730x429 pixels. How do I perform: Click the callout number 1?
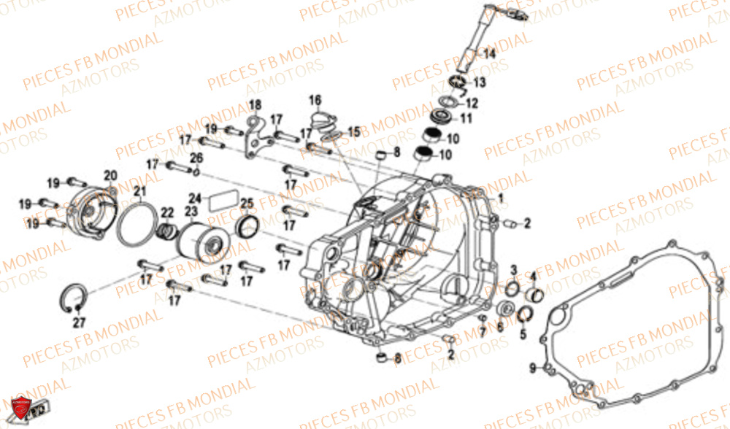coord(501,198)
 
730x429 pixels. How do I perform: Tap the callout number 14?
coord(488,54)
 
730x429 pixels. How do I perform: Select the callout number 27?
coord(78,321)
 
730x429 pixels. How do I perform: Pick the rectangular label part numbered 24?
coord(223,201)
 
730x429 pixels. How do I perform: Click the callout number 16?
coord(315,100)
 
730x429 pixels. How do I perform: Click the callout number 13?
coord(479,82)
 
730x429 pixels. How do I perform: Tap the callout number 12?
coord(472,103)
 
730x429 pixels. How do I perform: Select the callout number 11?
coord(466,118)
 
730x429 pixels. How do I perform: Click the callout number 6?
coord(500,328)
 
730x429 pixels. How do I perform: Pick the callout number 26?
coord(197,158)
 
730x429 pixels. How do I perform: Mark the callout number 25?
coord(247,203)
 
